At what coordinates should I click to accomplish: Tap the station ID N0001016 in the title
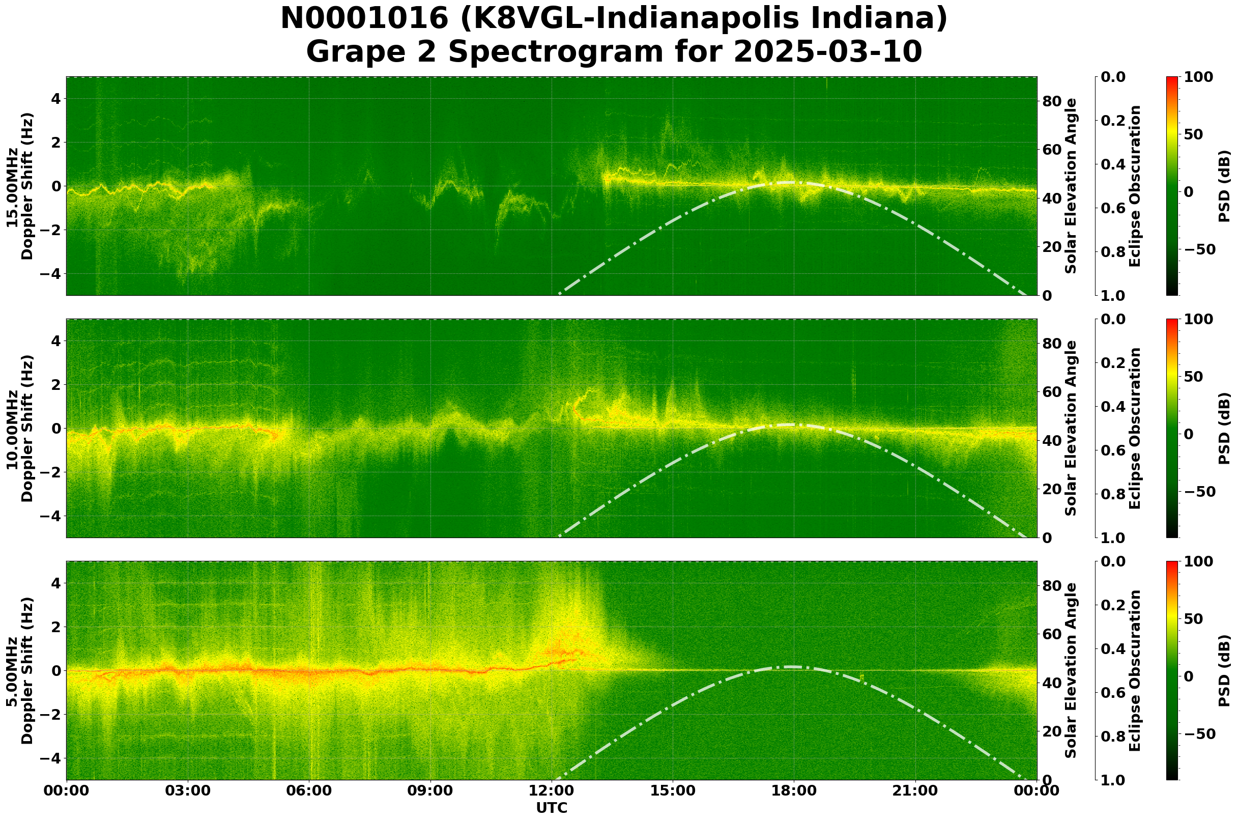[x=365, y=19]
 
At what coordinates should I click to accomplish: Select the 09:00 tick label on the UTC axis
[x=430, y=791]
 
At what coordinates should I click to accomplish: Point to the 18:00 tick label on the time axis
[x=794, y=791]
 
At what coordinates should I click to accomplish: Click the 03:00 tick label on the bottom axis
[x=188, y=791]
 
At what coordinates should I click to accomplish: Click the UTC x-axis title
[x=551, y=808]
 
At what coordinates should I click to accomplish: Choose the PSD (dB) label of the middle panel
[x=1224, y=428]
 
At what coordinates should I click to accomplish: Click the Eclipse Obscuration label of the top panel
[x=1134, y=186]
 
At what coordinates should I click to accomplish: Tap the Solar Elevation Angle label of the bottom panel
[x=1071, y=670]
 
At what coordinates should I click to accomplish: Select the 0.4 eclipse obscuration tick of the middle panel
[x=1115, y=407]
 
